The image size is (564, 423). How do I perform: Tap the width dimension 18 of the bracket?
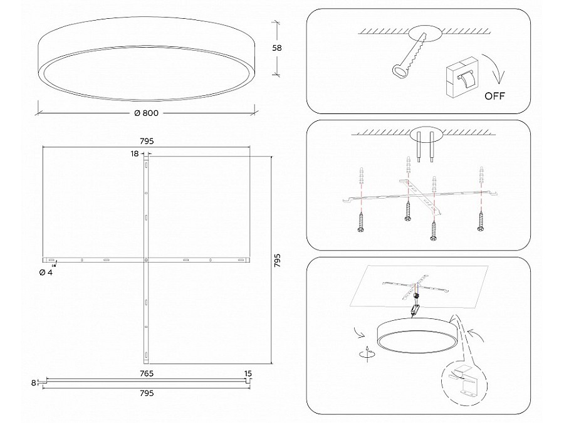pyautogui.click(x=135, y=153)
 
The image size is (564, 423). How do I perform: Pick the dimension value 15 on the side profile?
pyautogui.click(x=248, y=373)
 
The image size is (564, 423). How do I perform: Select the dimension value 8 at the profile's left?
pyautogui.click(x=33, y=382)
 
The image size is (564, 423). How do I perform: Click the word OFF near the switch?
pyautogui.click(x=494, y=97)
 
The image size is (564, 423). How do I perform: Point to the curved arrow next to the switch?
pyautogui.click(x=499, y=71)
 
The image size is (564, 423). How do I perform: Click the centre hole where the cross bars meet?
pyautogui.click(x=146, y=259)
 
